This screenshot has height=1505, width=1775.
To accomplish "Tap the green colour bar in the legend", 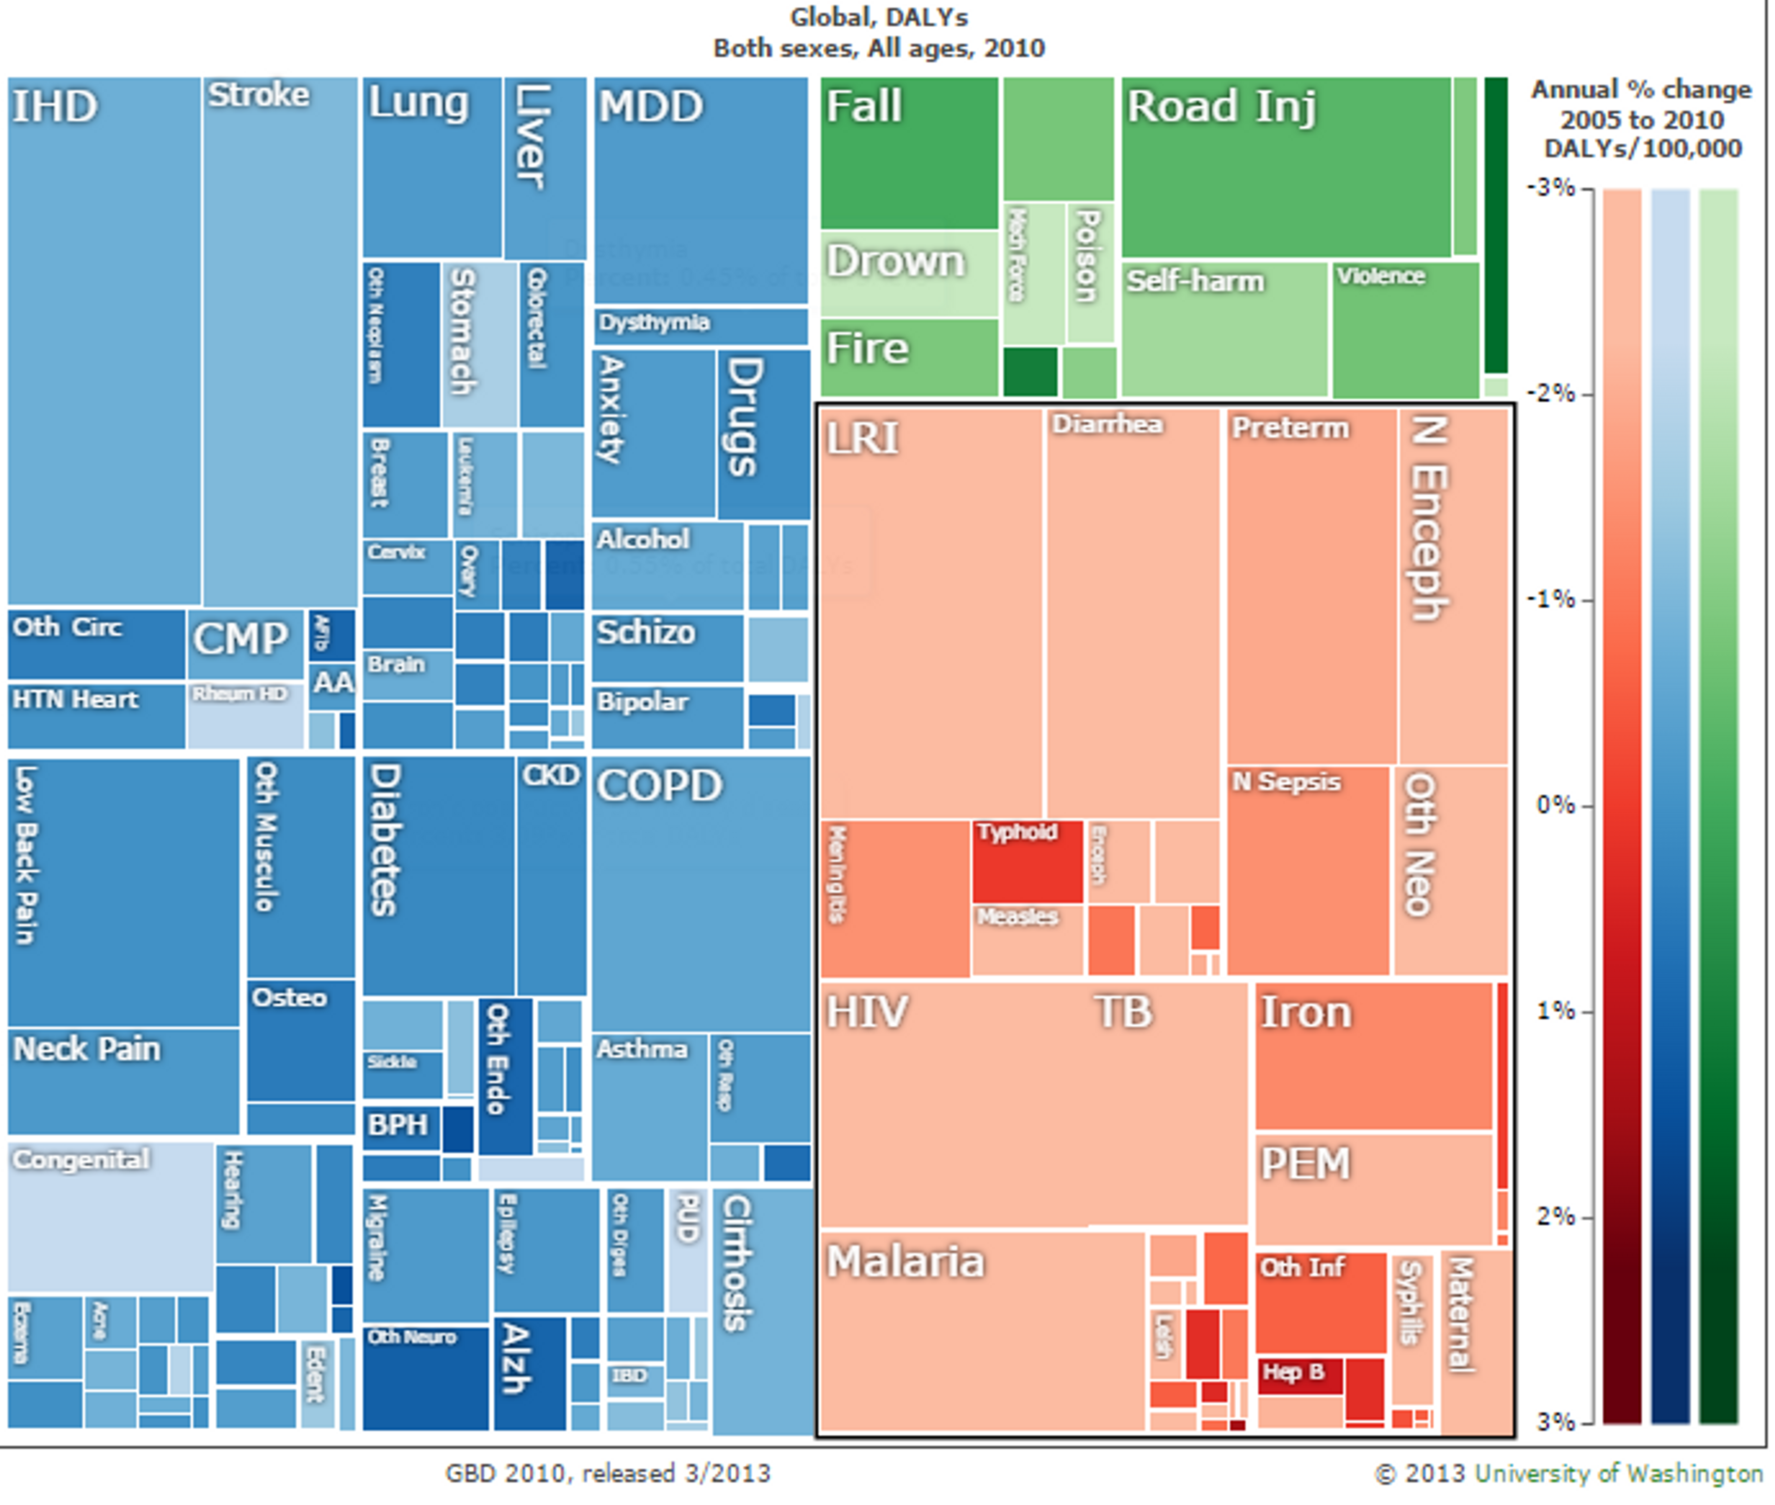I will pos(1718,802).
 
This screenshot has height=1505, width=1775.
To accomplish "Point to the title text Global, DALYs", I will pos(879,17).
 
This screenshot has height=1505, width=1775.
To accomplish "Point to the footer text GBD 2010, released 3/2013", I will pos(607,1474).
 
